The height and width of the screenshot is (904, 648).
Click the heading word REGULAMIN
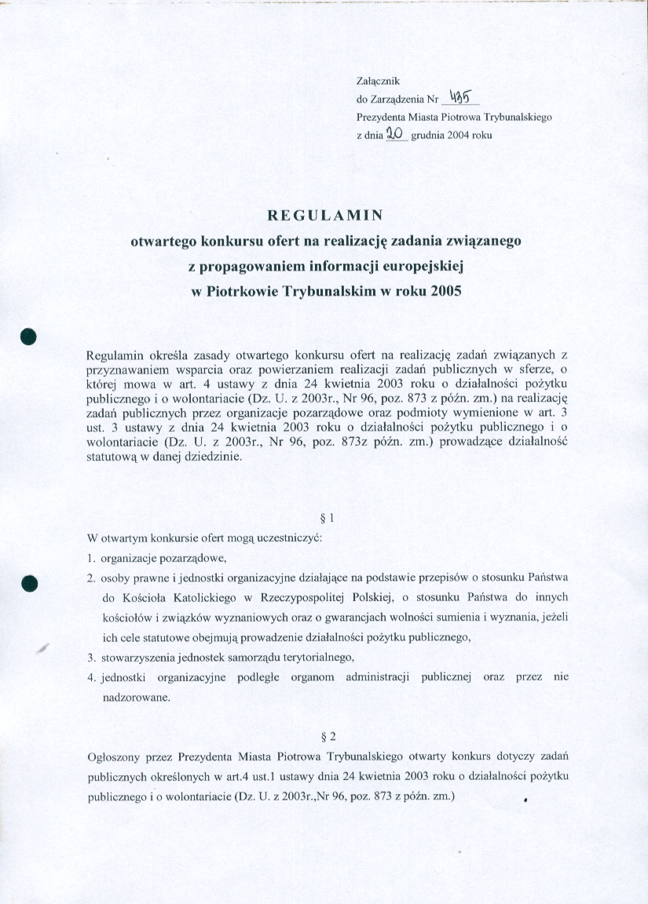click(324, 215)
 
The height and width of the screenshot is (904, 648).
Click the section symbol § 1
click(328, 518)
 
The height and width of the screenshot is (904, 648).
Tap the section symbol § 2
click(329, 737)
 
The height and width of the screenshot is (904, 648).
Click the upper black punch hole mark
click(30, 335)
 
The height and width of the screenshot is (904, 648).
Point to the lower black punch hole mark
click(30, 582)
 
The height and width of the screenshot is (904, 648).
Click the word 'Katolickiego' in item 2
click(191, 597)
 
